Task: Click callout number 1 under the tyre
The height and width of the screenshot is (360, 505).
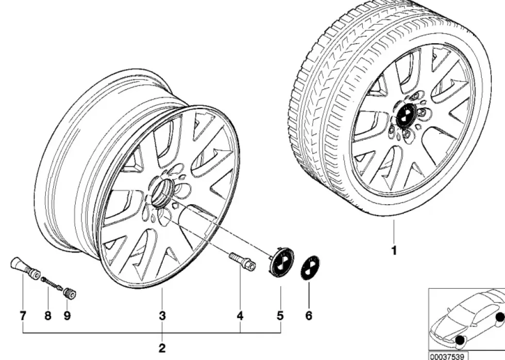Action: [x=394, y=250]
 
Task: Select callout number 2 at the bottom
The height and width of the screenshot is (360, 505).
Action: [x=162, y=348]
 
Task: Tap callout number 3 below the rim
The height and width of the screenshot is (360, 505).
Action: [x=162, y=316]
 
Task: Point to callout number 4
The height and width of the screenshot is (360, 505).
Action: [x=240, y=316]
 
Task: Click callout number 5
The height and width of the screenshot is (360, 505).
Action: [x=280, y=316]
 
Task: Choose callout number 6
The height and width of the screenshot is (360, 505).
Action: [x=309, y=316]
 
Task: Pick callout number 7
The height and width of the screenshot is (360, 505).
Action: [x=23, y=316]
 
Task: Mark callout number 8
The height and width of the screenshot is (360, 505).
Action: [x=47, y=316]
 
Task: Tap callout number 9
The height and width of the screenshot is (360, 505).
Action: [x=67, y=316]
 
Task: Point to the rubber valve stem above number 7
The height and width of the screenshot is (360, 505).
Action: [x=25, y=269]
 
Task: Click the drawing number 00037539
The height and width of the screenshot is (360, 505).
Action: [x=447, y=356]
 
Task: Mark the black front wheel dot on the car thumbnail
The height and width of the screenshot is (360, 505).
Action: [x=460, y=340]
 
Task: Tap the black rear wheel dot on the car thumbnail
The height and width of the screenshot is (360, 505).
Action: [x=500, y=318]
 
